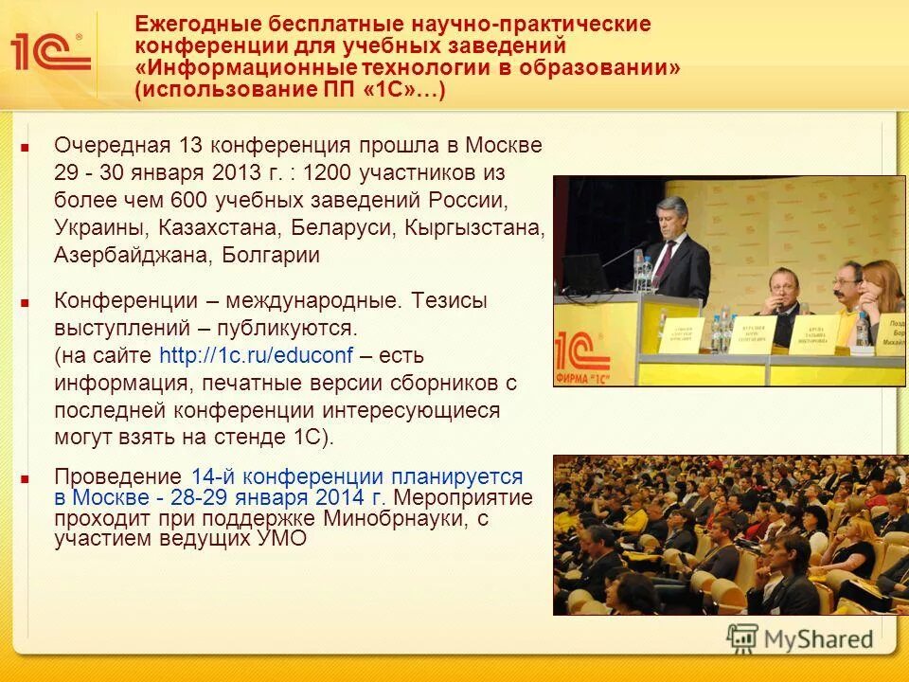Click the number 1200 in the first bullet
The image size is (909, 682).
click(327, 173)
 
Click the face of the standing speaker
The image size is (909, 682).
click(675, 220)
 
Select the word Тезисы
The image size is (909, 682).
click(450, 300)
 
